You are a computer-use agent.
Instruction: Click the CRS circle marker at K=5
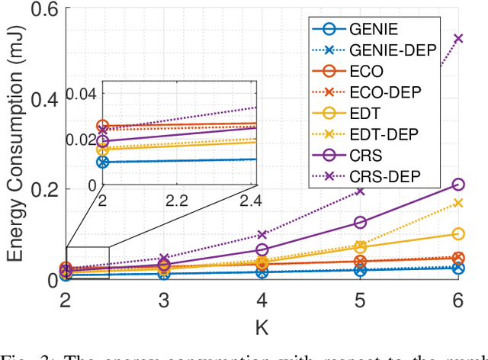tap(361, 222)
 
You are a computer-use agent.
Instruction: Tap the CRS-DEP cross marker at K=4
tap(262, 235)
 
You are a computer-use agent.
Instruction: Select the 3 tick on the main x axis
tap(164, 301)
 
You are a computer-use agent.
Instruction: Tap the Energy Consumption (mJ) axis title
tap(14, 143)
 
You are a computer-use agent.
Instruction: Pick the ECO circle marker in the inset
tap(103, 126)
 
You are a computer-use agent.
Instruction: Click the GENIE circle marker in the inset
tap(103, 162)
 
